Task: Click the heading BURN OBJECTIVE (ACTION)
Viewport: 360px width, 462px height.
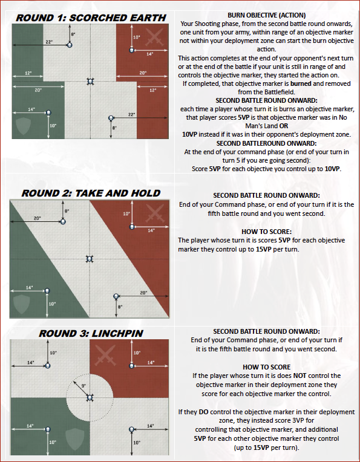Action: tap(267, 15)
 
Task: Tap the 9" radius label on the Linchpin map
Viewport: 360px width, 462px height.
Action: tap(83, 385)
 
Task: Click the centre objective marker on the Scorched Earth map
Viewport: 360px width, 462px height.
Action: tap(90, 81)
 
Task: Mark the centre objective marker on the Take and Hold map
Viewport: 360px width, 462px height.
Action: tap(90, 259)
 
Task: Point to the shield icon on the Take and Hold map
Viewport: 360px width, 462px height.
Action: tap(22, 304)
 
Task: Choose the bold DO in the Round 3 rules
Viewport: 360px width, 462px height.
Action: tap(203, 412)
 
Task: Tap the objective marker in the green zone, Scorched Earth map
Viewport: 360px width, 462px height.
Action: tap(48, 112)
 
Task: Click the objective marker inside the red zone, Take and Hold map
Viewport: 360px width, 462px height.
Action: tap(132, 227)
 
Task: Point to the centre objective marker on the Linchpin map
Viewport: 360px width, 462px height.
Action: tap(90, 397)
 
